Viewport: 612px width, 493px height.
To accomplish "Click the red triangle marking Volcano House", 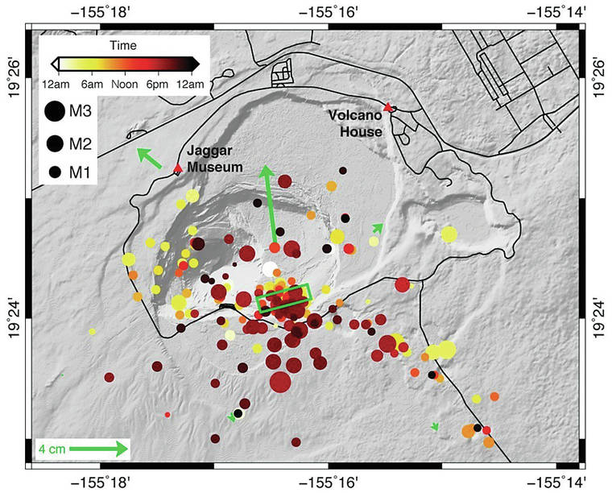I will pos(389,107).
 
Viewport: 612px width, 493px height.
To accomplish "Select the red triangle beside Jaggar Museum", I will pos(178,168).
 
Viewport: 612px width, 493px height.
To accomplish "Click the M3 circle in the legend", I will pos(55,111).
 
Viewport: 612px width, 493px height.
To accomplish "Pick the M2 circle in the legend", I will pos(55,143).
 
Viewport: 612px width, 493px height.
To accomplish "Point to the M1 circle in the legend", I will pos(55,172).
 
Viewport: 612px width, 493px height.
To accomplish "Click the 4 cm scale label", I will pos(52,448).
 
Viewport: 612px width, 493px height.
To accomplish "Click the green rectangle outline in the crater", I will pos(284,297).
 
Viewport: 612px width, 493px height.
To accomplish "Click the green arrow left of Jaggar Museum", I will pos(148,158).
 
